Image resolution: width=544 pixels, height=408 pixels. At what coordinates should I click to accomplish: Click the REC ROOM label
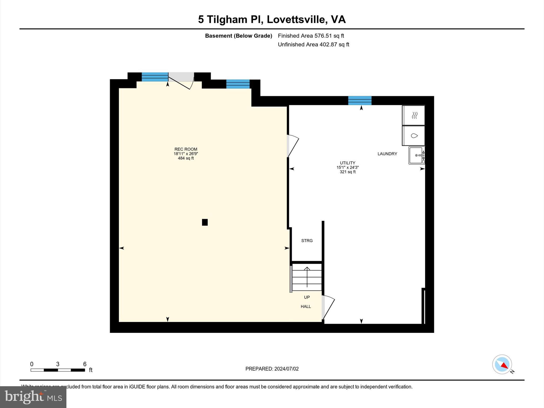[x=186, y=149]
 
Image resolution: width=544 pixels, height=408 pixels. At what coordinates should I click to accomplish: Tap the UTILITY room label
[x=347, y=163]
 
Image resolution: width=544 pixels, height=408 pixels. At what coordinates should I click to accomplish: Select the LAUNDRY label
[x=387, y=154]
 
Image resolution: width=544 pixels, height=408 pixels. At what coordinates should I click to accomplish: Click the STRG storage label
[x=307, y=241]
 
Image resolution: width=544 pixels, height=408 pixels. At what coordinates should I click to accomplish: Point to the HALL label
[x=306, y=307]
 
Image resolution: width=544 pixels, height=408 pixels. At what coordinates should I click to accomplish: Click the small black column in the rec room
[x=205, y=222]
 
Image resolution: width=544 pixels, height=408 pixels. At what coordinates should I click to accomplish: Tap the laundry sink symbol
[x=416, y=155]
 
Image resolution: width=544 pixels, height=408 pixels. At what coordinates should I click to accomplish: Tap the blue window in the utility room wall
[x=360, y=101]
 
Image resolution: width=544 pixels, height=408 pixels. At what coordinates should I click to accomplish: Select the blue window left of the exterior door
[x=155, y=77]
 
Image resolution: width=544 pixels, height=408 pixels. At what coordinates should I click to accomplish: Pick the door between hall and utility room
[x=328, y=307]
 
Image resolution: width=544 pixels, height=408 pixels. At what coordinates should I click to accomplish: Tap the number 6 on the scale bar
[x=85, y=364]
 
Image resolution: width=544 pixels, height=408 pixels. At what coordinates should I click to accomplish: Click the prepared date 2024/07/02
[x=286, y=369]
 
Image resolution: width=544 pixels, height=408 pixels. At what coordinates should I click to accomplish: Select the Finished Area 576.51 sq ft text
[x=311, y=36]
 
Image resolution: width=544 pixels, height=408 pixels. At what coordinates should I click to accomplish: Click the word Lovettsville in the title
[x=296, y=20]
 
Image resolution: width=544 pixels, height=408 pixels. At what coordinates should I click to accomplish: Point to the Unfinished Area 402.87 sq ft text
[x=313, y=45]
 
